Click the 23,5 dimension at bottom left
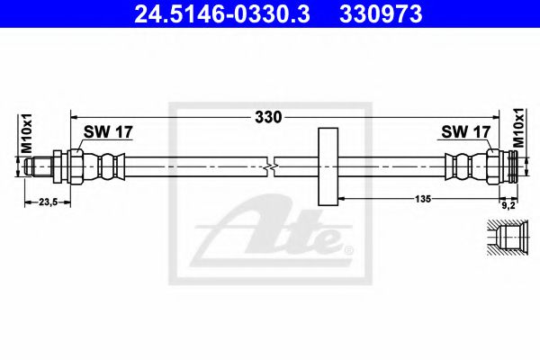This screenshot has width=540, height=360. coord(43,202)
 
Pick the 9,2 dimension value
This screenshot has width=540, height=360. coord(508,202)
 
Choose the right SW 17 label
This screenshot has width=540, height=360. coord(465,132)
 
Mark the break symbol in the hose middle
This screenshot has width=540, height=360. coord(272,166)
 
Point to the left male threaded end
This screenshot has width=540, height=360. coord(38,166)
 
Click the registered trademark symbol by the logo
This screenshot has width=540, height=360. coord(349,249)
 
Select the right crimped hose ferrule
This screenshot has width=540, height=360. coord(461,166)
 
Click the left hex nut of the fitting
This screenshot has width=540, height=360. coord(74,166)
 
